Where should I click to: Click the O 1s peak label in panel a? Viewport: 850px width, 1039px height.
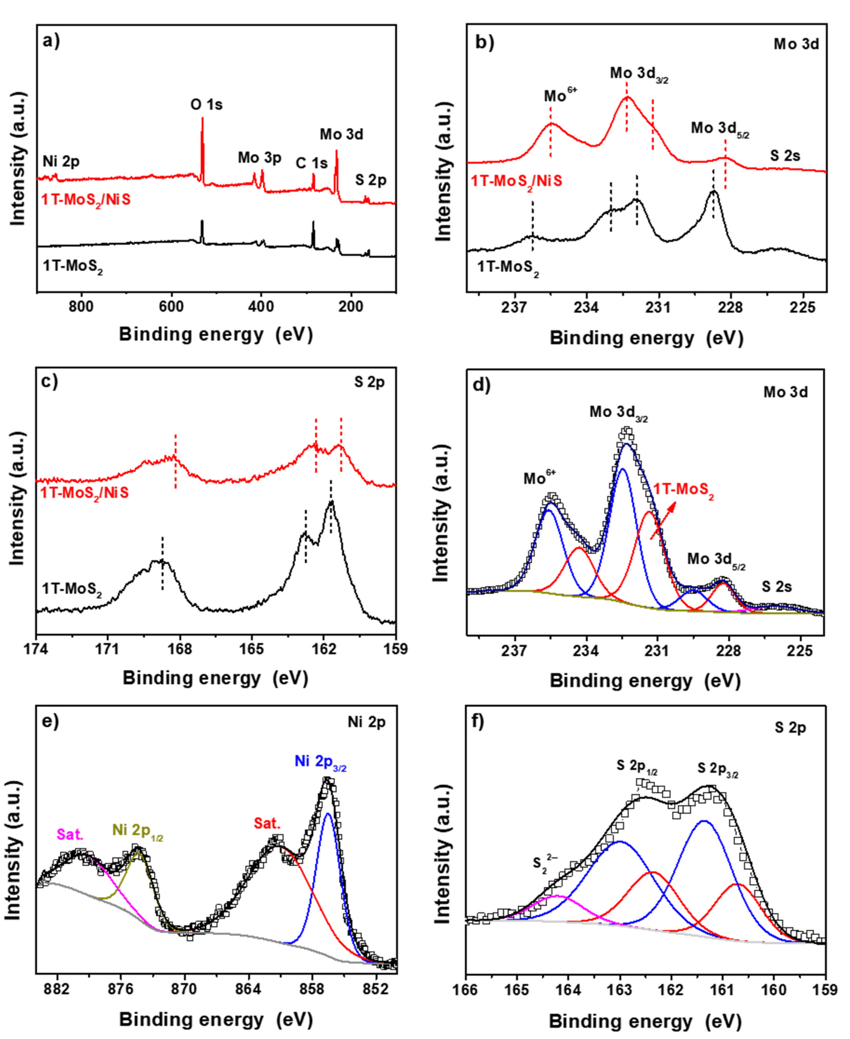coord(206,105)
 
